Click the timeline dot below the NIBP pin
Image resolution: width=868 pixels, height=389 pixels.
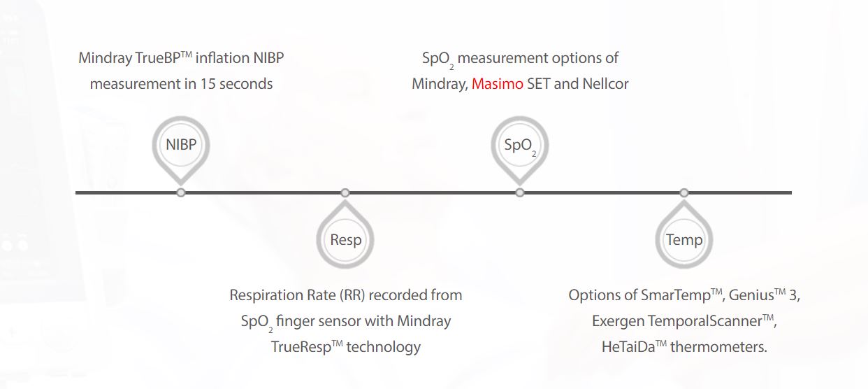tap(181, 193)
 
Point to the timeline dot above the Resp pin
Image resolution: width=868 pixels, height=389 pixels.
tap(345, 193)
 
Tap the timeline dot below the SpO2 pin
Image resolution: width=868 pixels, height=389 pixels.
tap(520, 193)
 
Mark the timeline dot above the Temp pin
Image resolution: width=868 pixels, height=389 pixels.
tap(684, 193)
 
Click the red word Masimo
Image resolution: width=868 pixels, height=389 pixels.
tap(497, 84)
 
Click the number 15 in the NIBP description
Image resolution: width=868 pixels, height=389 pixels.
tap(208, 84)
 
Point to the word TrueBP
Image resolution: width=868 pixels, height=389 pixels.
tap(157, 58)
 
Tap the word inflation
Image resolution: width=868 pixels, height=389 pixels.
tap(222, 58)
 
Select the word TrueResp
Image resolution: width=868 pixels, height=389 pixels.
tap(301, 347)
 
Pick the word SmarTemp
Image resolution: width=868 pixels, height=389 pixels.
tap(675, 295)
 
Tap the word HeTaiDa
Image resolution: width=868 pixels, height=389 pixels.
tap(628, 347)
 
